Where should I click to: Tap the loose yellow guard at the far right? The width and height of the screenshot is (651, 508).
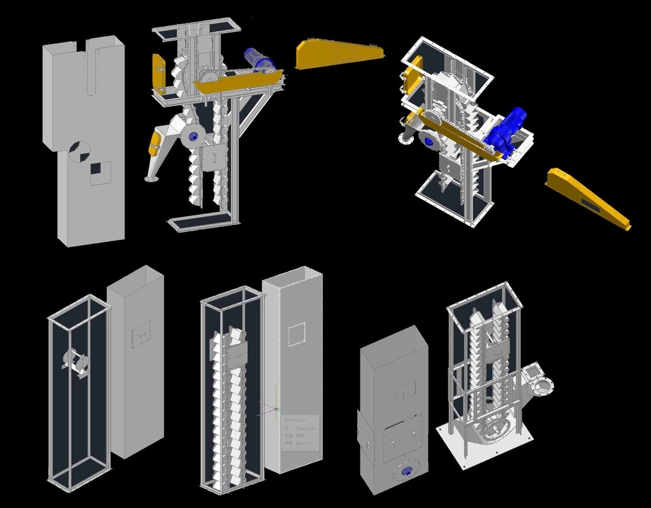pyautogui.click(x=588, y=198)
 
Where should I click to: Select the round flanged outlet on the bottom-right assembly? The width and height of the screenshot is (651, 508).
pyautogui.click(x=544, y=385)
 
